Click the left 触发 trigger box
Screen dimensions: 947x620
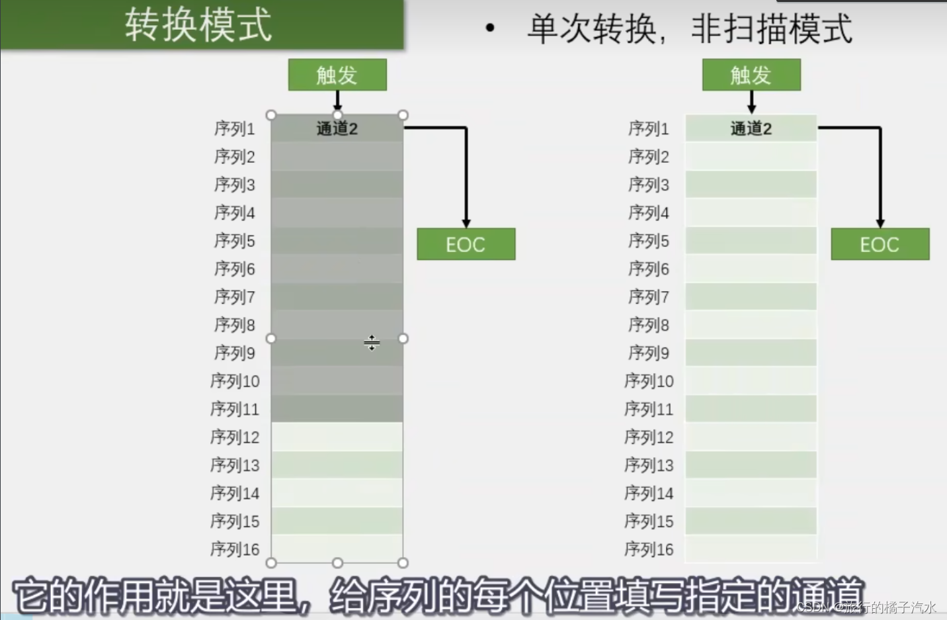click(x=337, y=75)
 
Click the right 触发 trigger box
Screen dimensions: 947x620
click(x=751, y=75)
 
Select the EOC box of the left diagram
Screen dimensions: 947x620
click(x=466, y=244)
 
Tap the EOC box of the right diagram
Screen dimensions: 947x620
click(x=880, y=244)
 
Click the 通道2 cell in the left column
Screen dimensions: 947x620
click(x=337, y=128)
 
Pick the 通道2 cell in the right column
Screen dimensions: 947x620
click(x=751, y=128)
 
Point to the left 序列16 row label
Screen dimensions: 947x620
click(x=235, y=549)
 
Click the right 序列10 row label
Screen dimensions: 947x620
click(x=649, y=381)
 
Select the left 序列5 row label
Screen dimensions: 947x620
click(x=235, y=241)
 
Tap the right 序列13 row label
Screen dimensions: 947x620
click(x=649, y=465)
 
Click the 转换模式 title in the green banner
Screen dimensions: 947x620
click(x=198, y=25)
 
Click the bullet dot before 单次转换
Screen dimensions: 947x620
click(x=490, y=28)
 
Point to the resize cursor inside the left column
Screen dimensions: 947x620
click(x=372, y=343)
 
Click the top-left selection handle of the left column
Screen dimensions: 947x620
click(x=271, y=115)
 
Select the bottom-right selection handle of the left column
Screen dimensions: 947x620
click(x=403, y=563)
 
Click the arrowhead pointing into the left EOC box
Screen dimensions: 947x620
click(x=466, y=224)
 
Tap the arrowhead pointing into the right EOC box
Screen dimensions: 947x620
click(x=880, y=224)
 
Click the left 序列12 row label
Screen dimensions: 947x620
click(x=235, y=437)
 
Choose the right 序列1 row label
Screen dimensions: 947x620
click(x=649, y=128)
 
